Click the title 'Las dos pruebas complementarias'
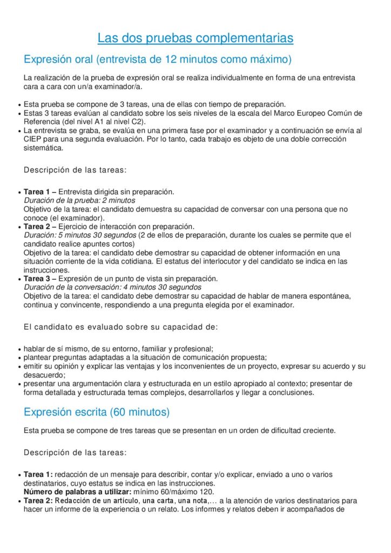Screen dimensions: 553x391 (195, 38)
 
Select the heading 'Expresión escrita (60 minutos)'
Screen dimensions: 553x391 (97, 412)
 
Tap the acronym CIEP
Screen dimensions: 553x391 (34, 139)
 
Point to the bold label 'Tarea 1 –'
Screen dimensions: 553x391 (40, 192)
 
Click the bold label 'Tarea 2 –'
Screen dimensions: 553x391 (40, 226)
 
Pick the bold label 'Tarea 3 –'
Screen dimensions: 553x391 (40, 279)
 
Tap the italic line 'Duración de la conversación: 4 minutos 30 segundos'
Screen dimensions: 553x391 (112, 287)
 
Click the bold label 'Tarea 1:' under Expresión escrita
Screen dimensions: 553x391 (38, 475)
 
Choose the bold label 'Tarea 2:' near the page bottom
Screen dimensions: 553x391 (38, 501)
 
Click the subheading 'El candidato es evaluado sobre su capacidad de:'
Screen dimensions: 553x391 (121, 327)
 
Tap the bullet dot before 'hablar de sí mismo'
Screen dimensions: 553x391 (19, 349)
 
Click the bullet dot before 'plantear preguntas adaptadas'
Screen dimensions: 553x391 (19, 358)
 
